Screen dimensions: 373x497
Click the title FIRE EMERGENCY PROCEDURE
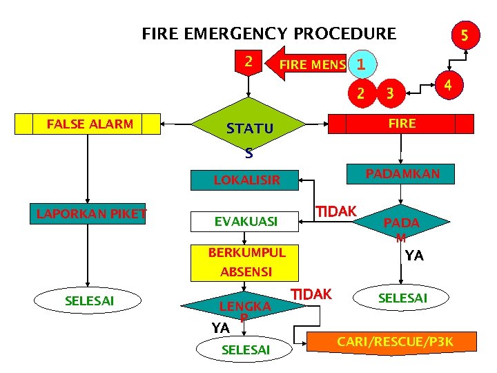click(269, 33)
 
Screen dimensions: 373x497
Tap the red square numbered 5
click(465, 34)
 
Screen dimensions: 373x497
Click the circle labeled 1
click(361, 64)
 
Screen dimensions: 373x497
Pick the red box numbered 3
click(390, 93)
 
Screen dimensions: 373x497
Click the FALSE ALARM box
click(90, 124)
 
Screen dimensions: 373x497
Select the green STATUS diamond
click(250, 129)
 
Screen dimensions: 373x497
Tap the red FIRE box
click(402, 124)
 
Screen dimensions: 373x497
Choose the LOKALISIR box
click(246, 180)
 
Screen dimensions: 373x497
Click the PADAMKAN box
click(402, 173)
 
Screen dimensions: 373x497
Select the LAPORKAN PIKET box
click(92, 214)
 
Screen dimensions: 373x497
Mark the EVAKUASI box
click(246, 222)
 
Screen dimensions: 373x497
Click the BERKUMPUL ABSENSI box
click(246, 262)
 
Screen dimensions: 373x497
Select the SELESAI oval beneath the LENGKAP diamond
click(245, 350)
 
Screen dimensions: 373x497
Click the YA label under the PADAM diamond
click(414, 256)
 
